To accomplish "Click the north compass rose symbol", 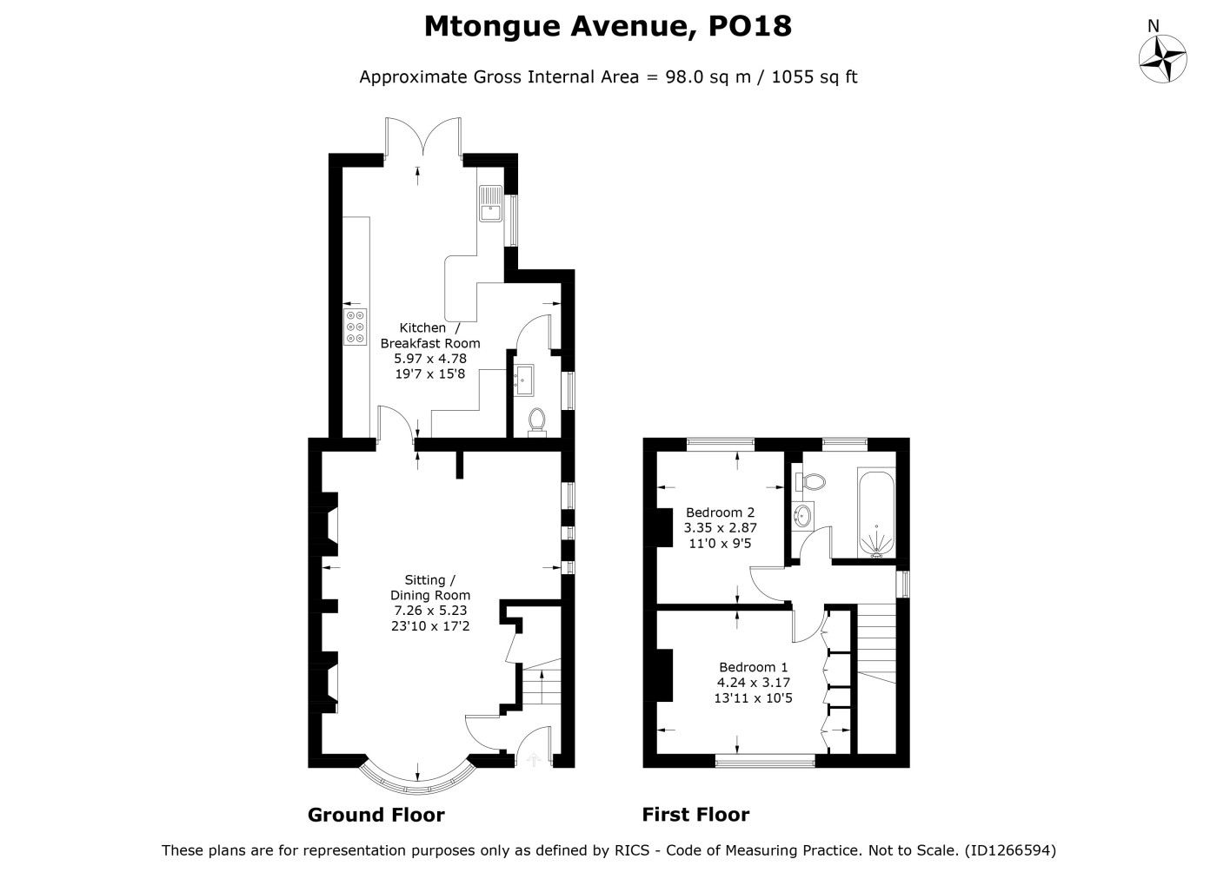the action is [x=1162, y=58].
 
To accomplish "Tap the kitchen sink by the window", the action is [x=490, y=203].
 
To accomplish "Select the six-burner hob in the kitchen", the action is [x=355, y=327].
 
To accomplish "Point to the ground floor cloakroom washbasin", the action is [x=523, y=380].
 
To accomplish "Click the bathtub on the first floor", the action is [x=876, y=512].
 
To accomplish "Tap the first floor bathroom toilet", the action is [x=810, y=481].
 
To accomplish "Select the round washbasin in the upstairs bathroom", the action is [x=802, y=513].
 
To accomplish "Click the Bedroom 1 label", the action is [x=753, y=667].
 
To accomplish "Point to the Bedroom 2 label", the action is [x=720, y=512].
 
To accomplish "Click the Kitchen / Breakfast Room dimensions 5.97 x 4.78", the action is [x=429, y=359].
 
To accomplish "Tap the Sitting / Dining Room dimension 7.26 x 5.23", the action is [x=430, y=611].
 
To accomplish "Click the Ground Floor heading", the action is [x=376, y=815].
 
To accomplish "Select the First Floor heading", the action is [x=695, y=815].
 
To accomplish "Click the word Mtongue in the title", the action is [x=492, y=27].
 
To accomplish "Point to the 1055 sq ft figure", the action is [x=814, y=77].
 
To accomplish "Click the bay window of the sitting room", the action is [x=417, y=784].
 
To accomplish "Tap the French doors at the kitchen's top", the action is [x=423, y=138].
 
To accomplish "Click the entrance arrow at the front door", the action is [x=534, y=759].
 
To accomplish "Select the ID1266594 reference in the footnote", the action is [x=1010, y=850].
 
